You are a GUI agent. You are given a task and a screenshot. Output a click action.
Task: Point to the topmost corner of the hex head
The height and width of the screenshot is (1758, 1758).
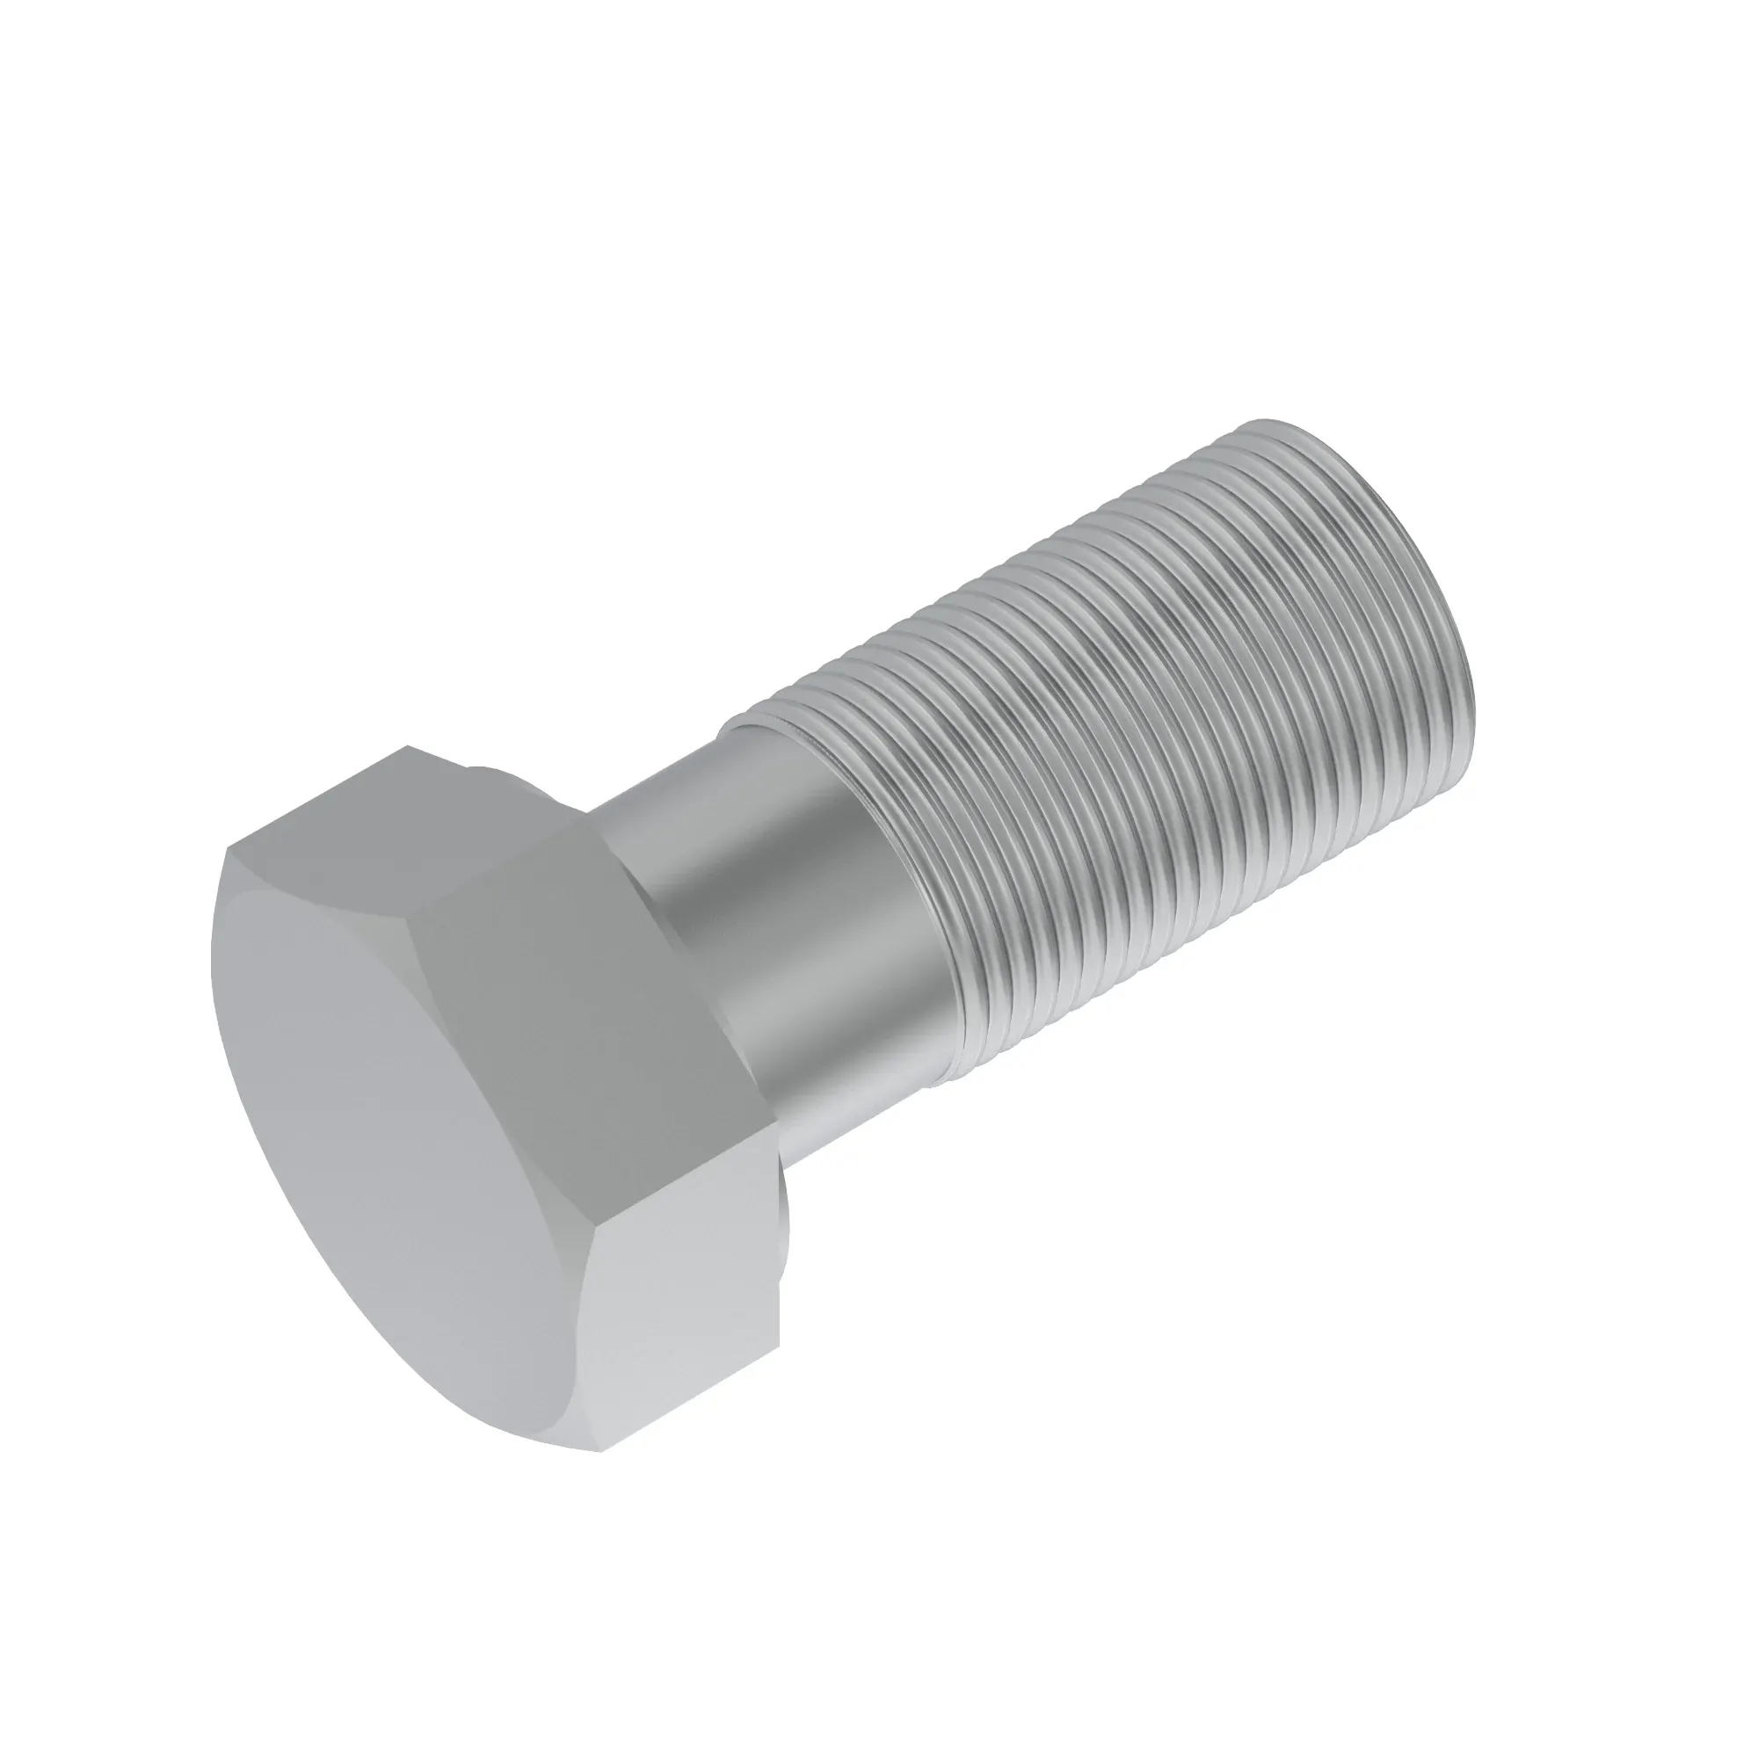click(408, 748)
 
